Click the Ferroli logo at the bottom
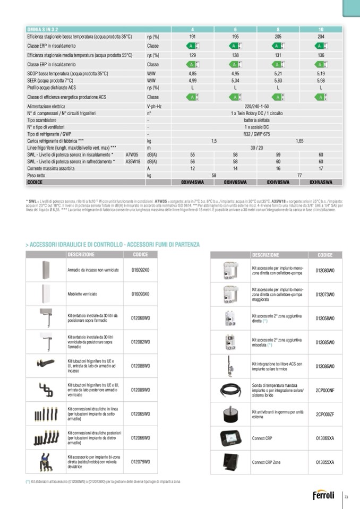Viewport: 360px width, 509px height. click(x=323, y=496)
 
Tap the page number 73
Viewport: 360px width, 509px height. click(x=346, y=497)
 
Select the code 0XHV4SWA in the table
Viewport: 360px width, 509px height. click(x=193, y=182)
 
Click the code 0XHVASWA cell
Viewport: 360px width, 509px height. click(x=321, y=182)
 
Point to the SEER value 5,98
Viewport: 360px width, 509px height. click(x=321, y=80)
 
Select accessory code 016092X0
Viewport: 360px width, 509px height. click(x=141, y=270)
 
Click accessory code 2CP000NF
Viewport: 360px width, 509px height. click(x=325, y=390)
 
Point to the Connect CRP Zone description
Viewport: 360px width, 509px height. click(x=266, y=462)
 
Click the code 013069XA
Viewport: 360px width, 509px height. click(x=325, y=438)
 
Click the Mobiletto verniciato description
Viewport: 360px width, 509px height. click(x=81, y=294)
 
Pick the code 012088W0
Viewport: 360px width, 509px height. click(x=141, y=365)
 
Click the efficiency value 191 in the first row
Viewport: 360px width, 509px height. click(x=193, y=37)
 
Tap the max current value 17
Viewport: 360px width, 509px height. click(x=321, y=168)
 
